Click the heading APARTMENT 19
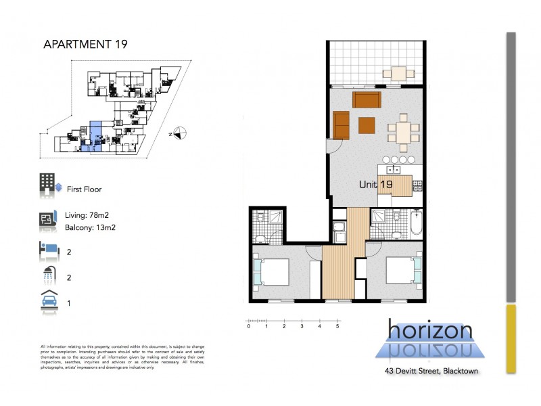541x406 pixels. click(85, 45)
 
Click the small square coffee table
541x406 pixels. click(367, 125)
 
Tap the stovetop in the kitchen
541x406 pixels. click(418, 184)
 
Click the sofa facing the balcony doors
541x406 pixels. click(367, 101)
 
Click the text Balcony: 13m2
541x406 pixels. click(91, 227)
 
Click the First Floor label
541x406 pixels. click(84, 189)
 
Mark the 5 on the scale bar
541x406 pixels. click(337, 326)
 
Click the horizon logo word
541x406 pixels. click(430, 331)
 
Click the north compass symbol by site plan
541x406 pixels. click(178, 133)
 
